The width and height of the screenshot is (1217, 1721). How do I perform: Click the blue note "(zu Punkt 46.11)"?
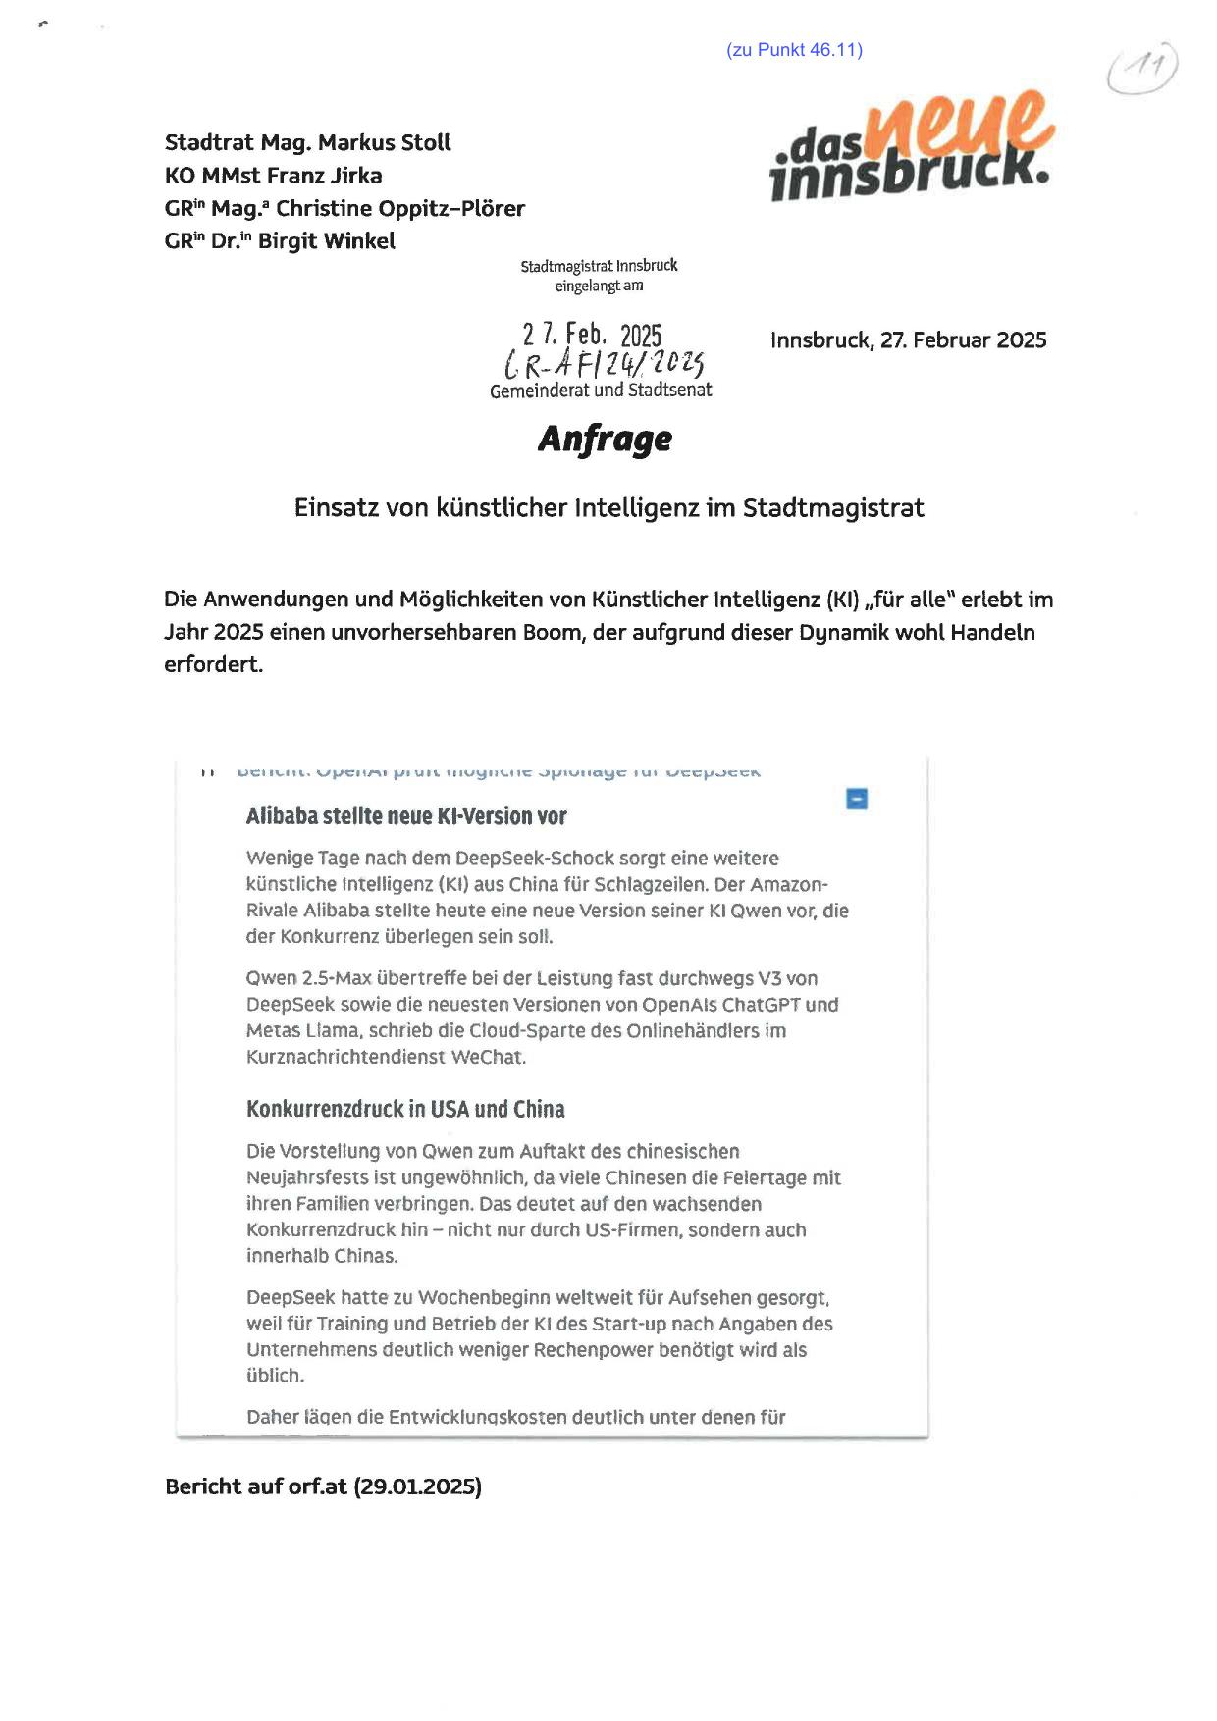[x=794, y=50]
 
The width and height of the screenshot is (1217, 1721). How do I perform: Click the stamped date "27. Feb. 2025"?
[x=592, y=336]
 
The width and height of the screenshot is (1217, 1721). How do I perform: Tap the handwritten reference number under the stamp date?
[x=604, y=365]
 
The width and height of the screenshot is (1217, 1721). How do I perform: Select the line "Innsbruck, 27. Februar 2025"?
[x=908, y=340]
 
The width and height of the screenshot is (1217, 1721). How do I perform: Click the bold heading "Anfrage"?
[x=605, y=439]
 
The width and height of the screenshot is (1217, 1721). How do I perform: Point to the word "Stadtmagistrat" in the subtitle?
[x=833, y=508]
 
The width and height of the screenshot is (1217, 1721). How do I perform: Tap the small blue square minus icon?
[x=857, y=799]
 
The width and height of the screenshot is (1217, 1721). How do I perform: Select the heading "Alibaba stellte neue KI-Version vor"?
[x=406, y=816]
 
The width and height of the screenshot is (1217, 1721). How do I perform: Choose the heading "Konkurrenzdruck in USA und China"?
[x=405, y=1109]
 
